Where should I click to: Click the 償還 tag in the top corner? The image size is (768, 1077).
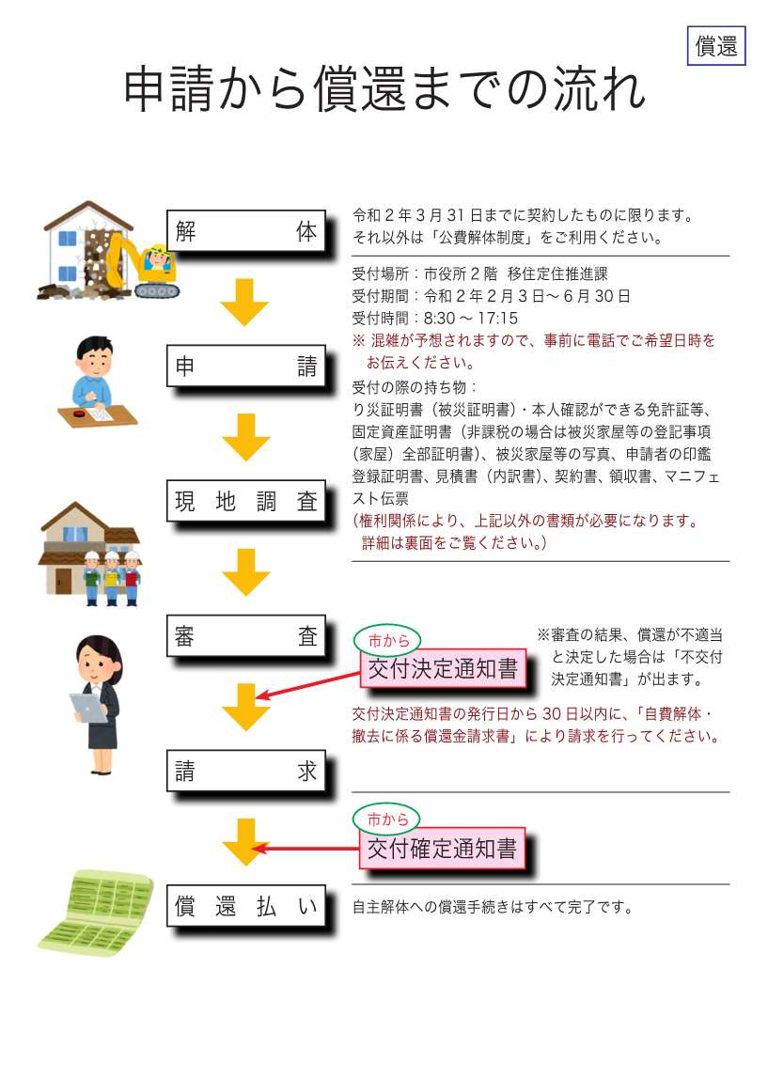(715, 45)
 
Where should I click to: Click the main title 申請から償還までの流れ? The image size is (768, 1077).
(384, 89)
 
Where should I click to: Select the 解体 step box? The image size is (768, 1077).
(246, 231)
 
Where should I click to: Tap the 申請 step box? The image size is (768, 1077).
(246, 367)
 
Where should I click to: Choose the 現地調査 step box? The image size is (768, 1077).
(246, 501)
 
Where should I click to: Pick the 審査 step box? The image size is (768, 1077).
(246, 636)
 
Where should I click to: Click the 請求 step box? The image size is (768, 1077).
(246, 771)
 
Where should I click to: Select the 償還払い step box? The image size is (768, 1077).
(246, 906)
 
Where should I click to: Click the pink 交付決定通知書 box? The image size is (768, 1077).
(443, 668)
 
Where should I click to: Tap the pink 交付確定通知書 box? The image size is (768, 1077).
(443, 849)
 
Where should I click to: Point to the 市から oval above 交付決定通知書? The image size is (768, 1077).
(387, 640)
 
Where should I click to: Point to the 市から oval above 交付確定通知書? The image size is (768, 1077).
(386, 819)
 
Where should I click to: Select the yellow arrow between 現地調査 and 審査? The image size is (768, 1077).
(246, 571)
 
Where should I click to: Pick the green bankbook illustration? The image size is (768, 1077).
(96, 910)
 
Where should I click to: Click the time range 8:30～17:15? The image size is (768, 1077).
(471, 318)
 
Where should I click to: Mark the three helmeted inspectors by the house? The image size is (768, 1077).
(112, 577)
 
